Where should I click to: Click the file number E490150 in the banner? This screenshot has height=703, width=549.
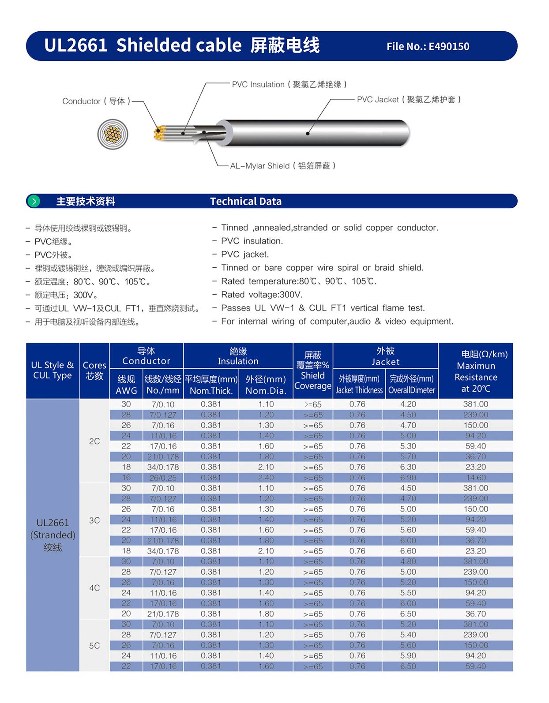point(428,46)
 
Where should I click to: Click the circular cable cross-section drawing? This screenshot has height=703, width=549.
point(113,134)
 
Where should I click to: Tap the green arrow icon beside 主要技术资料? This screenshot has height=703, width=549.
point(34,202)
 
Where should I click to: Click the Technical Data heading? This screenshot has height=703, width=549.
point(246,202)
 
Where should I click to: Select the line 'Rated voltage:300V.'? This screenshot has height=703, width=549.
point(262,295)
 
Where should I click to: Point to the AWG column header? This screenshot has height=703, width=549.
point(126,385)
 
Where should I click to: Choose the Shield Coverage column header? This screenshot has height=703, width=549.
point(312,370)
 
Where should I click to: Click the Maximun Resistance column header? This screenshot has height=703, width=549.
point(476,371)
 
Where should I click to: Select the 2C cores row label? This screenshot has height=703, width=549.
point(94,441)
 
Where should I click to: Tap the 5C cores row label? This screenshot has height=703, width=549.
point(94,646)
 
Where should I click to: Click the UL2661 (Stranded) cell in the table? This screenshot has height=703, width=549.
point(53,535)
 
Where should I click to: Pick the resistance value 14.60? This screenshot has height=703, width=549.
point(476,478)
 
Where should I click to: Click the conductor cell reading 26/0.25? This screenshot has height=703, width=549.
point(163,478)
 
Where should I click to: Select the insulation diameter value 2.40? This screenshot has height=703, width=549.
point(266,478)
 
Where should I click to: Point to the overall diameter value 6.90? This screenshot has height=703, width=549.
point(408,478)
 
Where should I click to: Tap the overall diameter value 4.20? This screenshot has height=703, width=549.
point(408,404)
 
